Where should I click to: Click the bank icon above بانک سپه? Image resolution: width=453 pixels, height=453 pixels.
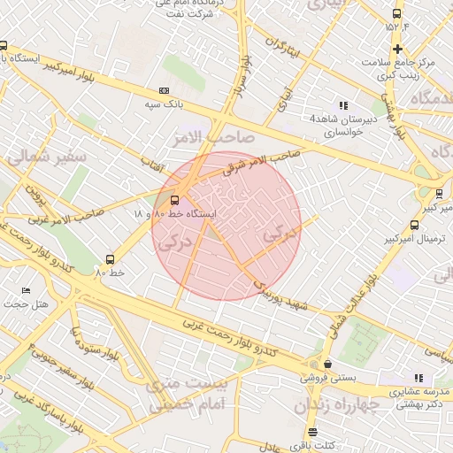point(164,90)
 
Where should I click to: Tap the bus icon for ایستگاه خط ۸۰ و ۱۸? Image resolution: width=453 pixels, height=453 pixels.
point(174,200)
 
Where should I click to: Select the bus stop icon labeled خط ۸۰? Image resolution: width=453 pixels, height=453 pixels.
point(111,259)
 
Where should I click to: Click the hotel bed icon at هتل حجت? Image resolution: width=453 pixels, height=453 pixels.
point(26,291)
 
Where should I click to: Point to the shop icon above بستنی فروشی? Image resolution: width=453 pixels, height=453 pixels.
point(328,364)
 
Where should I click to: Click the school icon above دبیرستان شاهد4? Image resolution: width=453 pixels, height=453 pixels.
point(344,105)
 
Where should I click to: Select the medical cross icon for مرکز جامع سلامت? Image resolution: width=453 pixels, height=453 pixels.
point(398,49)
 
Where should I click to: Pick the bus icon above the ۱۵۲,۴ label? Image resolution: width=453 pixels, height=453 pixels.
point(396,13)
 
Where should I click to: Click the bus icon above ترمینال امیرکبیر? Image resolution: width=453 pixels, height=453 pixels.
point(413,225)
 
